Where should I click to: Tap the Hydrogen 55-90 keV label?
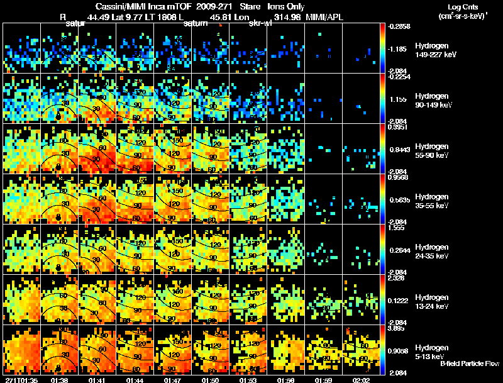point(433,150)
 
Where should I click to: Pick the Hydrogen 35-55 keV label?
point(433,201)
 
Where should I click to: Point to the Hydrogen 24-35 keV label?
point(433,251)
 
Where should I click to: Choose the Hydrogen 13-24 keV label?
point(433,301)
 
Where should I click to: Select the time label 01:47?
point(173,380)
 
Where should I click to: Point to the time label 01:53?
point(248,380)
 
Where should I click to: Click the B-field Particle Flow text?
point(470,364)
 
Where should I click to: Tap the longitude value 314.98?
point(285,16)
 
